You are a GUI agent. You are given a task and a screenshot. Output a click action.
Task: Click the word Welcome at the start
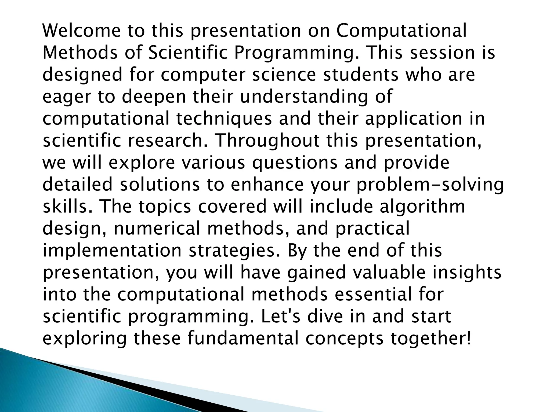82,31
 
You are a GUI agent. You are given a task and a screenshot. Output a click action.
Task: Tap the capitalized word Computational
401,31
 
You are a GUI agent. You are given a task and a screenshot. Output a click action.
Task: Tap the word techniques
224,119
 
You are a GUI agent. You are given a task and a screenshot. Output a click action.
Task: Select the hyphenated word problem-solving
430,185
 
